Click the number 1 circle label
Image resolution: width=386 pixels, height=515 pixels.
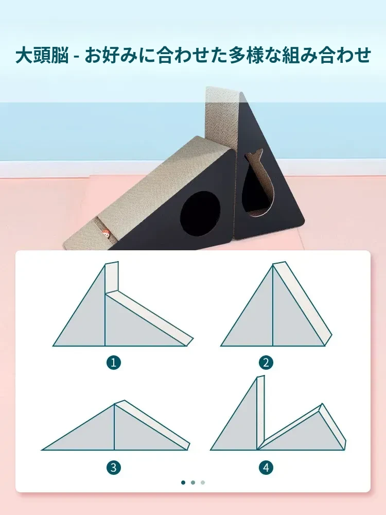click(114, 363)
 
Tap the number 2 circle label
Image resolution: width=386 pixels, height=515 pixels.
click(266, 363)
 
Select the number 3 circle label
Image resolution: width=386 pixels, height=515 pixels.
click(114, 467)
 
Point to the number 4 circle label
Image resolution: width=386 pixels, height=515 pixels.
click(266, 467)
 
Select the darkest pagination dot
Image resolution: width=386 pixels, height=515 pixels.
click(183, 483)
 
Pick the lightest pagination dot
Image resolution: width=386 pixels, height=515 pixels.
click(203, 483)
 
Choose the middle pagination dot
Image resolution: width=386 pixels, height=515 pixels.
click(193, 483)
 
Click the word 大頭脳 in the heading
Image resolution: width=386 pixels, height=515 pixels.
click(42, 55)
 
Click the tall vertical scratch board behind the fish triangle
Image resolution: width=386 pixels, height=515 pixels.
click(221, 118)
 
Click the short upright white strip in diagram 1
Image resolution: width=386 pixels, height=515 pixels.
click(112, 279)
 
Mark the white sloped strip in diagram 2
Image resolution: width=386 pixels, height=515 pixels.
click(303, 304)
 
